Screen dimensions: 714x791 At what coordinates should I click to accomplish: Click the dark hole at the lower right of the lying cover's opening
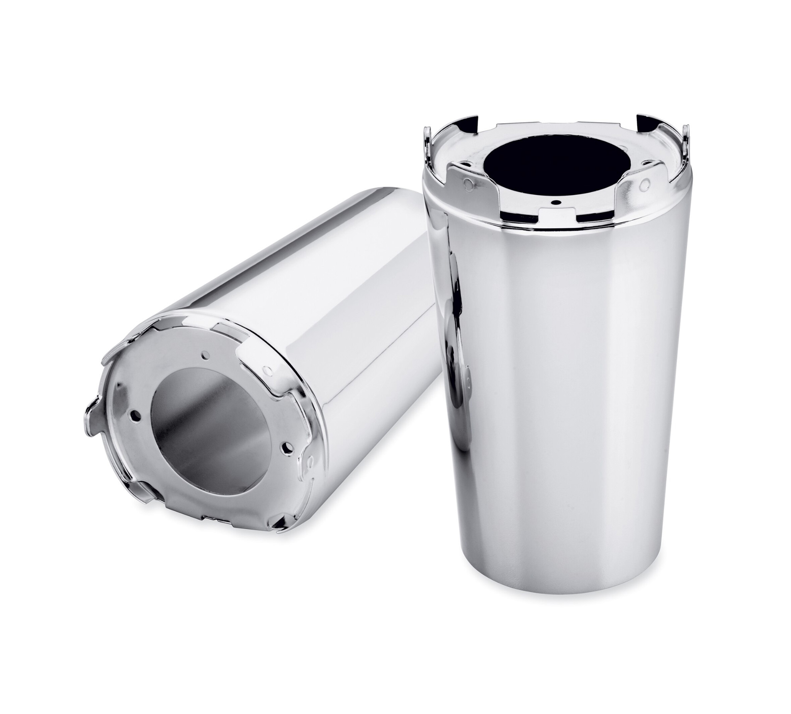pyautogui.click(x=289, y=446)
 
